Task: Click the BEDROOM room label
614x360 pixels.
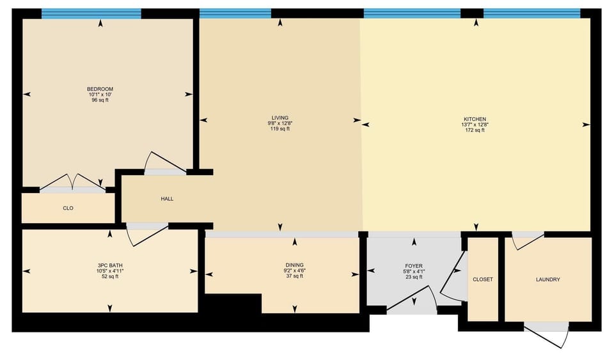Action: [100, 89]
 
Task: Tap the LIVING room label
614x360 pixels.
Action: [280, 118]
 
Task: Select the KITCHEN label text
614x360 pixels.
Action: [475, 119]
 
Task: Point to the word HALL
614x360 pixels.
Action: [167, 199]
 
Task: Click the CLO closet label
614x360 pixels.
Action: [68, 208]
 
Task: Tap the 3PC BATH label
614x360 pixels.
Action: [110, 265]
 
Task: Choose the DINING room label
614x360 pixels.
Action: [294, 265]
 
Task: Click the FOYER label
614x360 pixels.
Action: [414, 266]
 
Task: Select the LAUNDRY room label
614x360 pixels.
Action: [548, 279]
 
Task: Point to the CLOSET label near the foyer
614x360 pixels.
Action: [483, 279]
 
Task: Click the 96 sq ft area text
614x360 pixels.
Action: [100, 100]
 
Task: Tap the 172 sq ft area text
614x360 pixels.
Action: [475, 130]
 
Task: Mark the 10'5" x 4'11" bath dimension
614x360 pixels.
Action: [110, 270]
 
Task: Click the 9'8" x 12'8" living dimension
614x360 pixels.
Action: [280, 123]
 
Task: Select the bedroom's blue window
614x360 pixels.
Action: [91, 13]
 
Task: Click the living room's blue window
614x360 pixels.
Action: [235, 13]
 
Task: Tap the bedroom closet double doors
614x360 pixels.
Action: [72, 182]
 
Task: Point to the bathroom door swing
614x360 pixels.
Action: [147, 235]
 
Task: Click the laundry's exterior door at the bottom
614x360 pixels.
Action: [546, 334]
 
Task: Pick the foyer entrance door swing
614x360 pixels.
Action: [412, 300]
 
